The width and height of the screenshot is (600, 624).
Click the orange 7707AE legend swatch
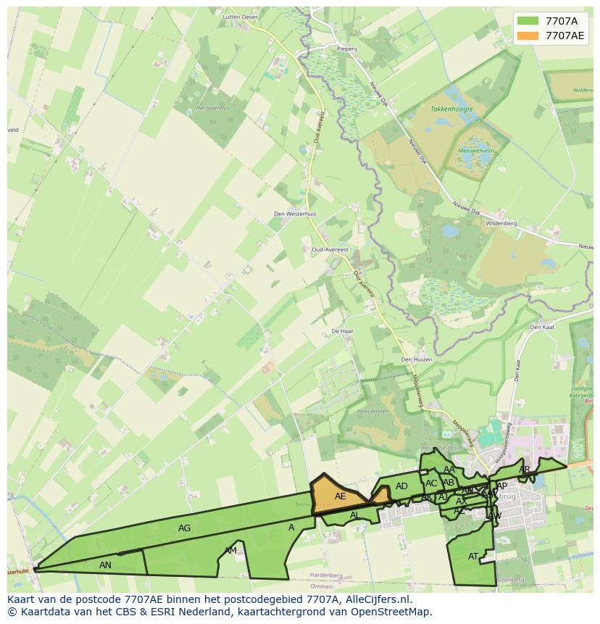coord(527,36)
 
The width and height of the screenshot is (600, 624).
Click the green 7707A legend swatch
coord(527,21)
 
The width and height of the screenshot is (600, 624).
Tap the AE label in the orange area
coord(340,496)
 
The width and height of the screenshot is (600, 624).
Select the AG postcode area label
coord(185,528)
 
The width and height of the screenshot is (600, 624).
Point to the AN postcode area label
coord(105,565)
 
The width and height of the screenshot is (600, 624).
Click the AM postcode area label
coord(230,551)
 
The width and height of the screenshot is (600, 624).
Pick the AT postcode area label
coord(473,557)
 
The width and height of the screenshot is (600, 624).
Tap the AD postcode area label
coord(401,486)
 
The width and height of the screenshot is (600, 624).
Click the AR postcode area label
coord(525,470)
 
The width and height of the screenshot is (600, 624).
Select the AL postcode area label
coord(355,515)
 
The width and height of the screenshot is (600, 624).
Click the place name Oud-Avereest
coord(330,249)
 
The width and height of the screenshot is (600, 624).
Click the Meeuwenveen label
coord(476,151)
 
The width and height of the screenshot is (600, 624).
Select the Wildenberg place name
coord(501,223)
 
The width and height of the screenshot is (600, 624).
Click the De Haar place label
coord(341,330)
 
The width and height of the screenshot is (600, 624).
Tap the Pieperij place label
coord(347,49)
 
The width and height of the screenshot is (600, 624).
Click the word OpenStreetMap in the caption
coord(393,612)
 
